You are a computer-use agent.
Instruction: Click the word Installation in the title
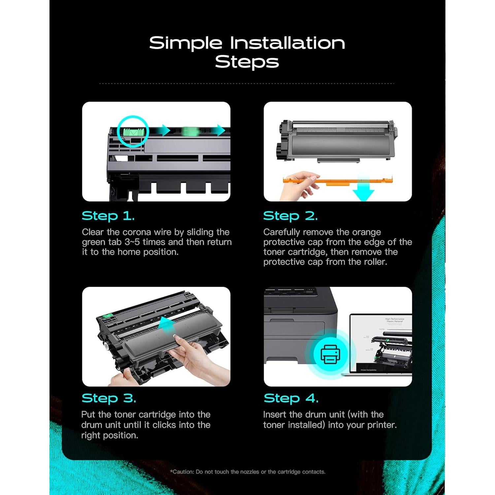click(287, 43)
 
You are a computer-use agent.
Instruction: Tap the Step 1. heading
click(108, 216)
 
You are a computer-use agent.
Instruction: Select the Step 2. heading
click(290, 216)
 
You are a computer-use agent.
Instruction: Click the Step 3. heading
click(109, 398)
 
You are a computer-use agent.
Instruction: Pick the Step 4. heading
click(291, 398)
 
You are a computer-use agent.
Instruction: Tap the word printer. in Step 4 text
click(382, 425)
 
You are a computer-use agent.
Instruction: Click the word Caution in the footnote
click(183, 472)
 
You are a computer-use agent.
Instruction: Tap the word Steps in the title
click(247, 62)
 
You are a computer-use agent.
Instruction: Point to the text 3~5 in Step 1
click(132, 242)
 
